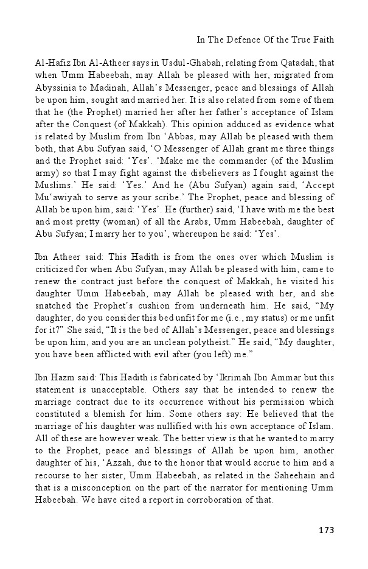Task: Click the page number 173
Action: click(x=326, y=530)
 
